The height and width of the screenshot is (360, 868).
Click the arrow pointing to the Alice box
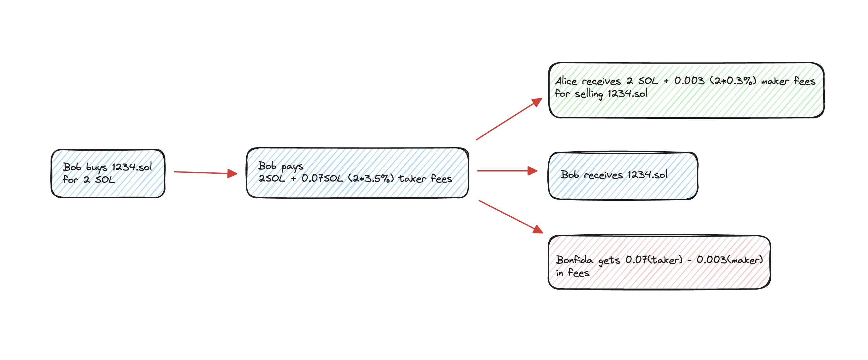(x=509, y=119)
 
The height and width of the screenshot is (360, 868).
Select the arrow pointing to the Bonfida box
(x=510, y=217)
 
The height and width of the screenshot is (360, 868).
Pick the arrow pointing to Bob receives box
(x=507, y=171)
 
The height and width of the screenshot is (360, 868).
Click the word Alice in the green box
(x=566, y=81)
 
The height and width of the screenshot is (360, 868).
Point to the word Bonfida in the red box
(x=575, y=260)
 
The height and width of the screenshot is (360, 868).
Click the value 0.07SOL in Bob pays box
(x=322, y=178)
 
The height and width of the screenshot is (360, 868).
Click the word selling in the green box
(x=589, y=94)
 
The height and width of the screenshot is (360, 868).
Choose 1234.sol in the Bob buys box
(x=132, y=167)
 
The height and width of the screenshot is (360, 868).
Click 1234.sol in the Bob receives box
(x=647, y=174)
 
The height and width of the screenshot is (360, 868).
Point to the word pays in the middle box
(x=292, y=166)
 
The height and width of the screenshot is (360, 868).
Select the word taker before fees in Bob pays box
(x=413, y=178)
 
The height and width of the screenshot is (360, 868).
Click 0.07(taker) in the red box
(x=654, y=260)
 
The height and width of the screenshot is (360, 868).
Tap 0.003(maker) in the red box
(x=730, y=260)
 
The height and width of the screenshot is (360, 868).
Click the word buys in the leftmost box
(x=96, y=167)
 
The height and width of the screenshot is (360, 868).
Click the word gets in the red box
(x=609, y=261)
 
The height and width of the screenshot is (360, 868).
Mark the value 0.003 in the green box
(x=689, y=81)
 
